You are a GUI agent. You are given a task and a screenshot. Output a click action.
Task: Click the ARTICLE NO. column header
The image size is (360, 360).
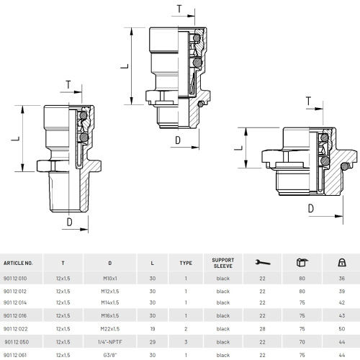[18, 263]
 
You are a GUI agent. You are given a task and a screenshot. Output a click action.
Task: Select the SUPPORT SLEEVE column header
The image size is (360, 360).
[223, 263]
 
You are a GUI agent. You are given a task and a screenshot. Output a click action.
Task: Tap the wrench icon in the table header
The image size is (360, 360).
[262, 263]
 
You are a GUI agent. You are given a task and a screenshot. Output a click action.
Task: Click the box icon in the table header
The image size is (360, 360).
[302, 262]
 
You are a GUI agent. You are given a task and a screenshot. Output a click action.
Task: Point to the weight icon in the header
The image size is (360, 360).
[342, 263]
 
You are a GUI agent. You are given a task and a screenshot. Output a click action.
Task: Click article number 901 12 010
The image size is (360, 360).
[15, 279]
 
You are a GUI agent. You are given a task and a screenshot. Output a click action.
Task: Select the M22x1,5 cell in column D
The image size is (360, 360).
[110, 329]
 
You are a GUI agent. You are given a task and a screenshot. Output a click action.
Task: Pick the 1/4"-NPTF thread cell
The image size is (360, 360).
[110, 342]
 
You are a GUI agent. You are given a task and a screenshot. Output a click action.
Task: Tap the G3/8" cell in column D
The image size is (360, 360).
[110, 355]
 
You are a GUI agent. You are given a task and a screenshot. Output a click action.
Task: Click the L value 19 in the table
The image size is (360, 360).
[153, 329]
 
